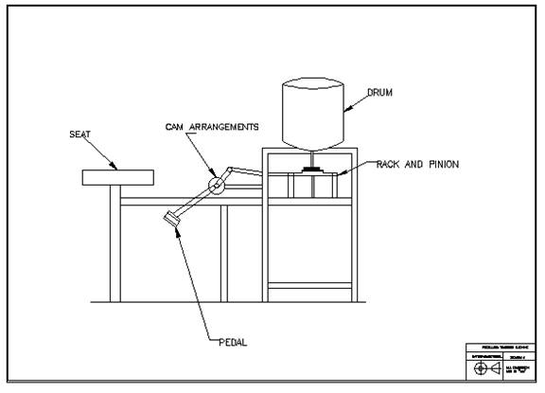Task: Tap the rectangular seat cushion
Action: pyautogui.click(x=117, y=177)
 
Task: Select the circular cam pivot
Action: pyautogui.click(x=218, y=184)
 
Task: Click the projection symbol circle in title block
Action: pyautogui.click(x=481, y=366)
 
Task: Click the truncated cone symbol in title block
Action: pyautogui.click(x=499, y=366)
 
